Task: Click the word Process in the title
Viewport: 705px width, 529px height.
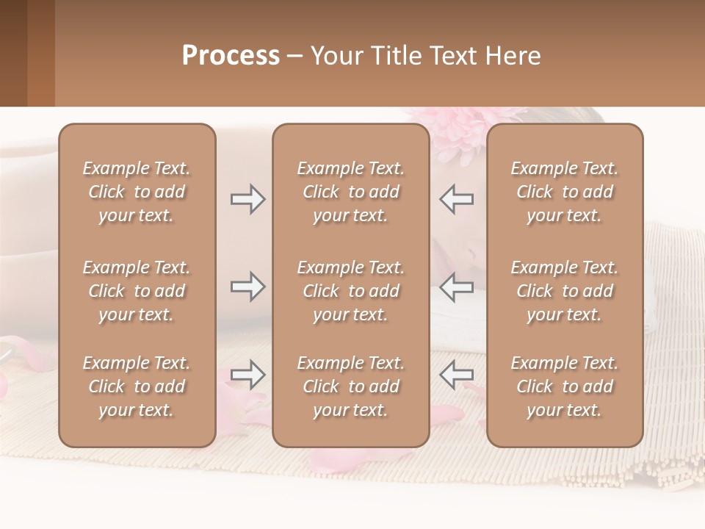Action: pos(231,56)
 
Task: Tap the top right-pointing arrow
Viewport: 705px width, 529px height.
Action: pos(248,199)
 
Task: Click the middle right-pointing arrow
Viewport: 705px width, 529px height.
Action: pos(248,287)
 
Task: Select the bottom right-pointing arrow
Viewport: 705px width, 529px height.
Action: pos(248,375)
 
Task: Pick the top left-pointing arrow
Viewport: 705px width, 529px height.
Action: pos(456,199)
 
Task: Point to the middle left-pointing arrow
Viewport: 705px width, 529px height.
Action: pos(456,287)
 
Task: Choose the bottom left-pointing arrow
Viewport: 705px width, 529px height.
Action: pos(456,375)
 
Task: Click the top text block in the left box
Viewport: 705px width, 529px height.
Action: pos(137,192)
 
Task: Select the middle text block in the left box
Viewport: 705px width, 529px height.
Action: pos(137,291)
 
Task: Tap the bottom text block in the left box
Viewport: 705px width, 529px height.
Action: pos(137,386)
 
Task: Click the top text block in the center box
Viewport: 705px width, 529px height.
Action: pos(350,192)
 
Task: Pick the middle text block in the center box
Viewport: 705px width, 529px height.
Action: pos(350,291)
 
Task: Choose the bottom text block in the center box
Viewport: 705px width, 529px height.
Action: pos(350,386)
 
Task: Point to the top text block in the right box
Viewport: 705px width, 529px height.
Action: pos(564,192)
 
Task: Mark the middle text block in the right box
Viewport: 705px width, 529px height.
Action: pos(564,291)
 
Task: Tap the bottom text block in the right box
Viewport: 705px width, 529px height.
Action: pos(564,386)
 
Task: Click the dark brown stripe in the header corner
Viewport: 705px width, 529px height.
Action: pos(13,53)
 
